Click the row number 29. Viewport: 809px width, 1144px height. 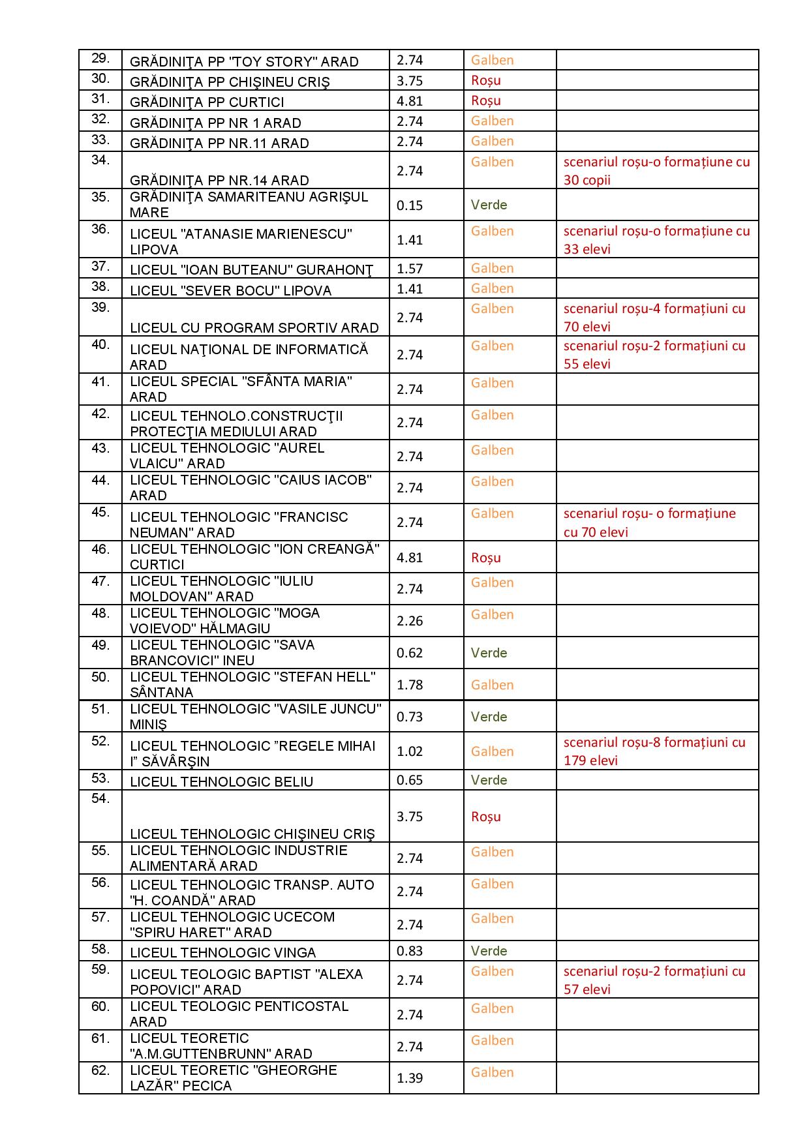(100, 59)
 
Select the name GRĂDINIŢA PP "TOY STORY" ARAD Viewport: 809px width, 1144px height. (244, 62)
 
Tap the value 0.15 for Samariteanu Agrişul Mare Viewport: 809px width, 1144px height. (409, 205)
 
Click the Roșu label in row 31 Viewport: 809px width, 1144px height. (485, 100)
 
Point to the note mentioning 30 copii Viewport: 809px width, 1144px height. (656, 171)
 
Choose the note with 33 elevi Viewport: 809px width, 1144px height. (656, 240)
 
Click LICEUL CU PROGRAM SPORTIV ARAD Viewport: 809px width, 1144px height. (254, 327)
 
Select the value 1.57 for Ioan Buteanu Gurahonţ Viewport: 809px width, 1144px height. (409, 269)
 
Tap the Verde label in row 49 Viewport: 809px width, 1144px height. (489, 653)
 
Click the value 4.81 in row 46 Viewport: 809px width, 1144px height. (409, 558)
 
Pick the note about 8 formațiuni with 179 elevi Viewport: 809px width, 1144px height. (654, 751)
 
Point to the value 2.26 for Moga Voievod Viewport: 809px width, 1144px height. (409, 621)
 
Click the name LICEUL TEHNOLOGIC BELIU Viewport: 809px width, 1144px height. (221, 781)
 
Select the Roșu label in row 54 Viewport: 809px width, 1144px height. (485, 817)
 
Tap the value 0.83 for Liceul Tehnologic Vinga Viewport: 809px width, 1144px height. (409, 951)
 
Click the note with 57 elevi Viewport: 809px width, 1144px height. (654, 980)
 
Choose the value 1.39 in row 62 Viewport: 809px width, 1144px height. (409, 1078)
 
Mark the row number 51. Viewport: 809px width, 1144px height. (100, 709)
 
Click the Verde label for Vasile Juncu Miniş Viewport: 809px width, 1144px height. (489, 717)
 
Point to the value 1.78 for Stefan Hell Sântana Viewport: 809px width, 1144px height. (409, 685)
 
